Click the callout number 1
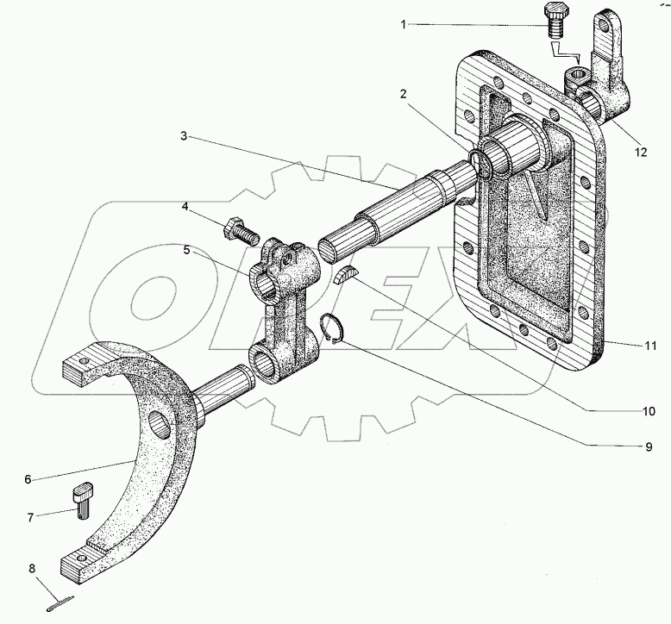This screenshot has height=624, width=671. [x=403, y=24]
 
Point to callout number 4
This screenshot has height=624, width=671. [x=185, y=207]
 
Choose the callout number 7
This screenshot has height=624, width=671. [x=32, y=518]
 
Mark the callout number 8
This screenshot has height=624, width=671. [x=32, y=569]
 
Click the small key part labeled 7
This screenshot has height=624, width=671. [x=83, y=501]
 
